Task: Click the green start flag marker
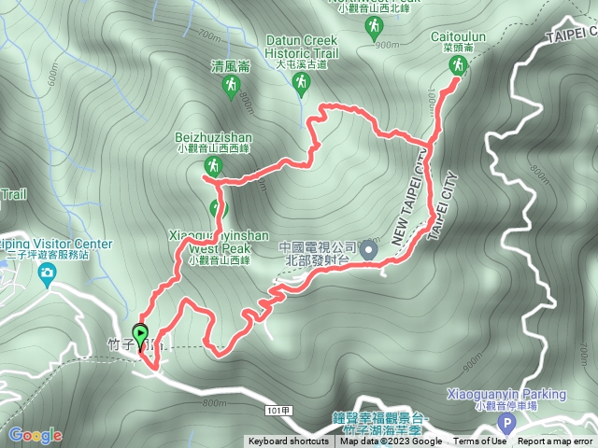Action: click(140, 334)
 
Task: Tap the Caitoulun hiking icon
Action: click(458, 64)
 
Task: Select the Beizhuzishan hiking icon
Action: click(213, 167)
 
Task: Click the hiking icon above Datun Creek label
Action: click(301, 86)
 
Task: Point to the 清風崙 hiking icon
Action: click(230, 87)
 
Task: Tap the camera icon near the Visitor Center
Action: click(47, 273)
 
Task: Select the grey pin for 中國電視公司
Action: click(369, 250)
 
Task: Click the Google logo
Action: click(35, 435)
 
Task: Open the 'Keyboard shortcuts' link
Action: click(288, 441)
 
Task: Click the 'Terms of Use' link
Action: click(478, 441)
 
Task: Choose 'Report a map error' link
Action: click(556, 441)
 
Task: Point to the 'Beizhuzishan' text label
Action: click(213, 135)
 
